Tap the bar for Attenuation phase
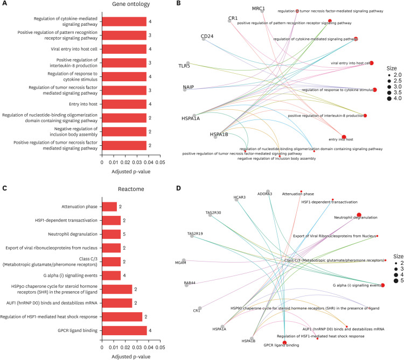pyautogui.click(x=109, y=206)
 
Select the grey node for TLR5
pyautogui.click(x=188, y=63)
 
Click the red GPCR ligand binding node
pyautogui.click(x=284, y=342)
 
